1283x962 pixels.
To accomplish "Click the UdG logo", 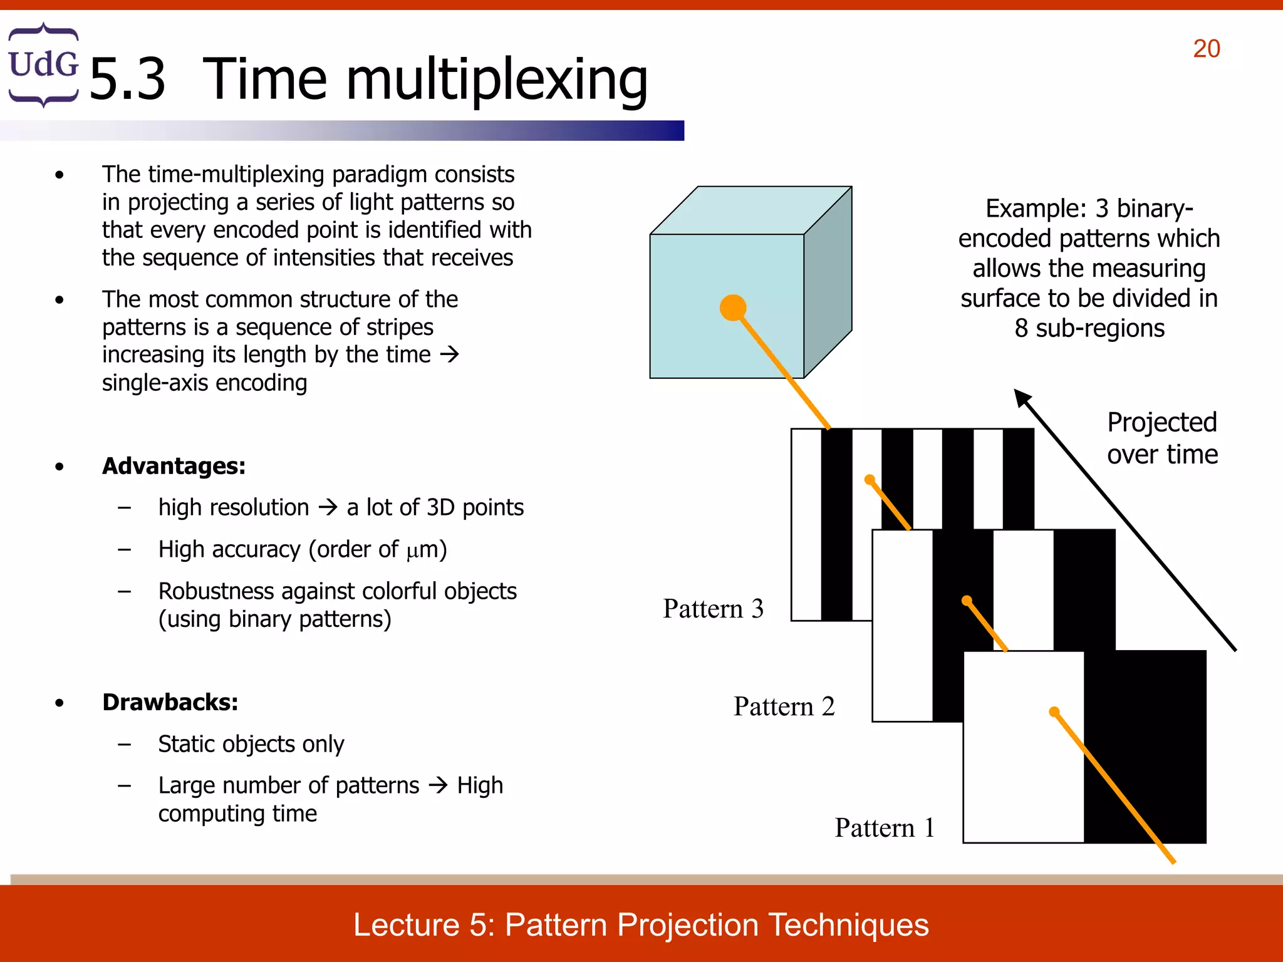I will [43, 65].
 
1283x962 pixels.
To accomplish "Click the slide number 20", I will [1206, 49].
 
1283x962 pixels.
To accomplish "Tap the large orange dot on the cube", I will [733, 308].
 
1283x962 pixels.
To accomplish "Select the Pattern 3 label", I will [713, 609].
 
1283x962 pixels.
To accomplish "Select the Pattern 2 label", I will [784, 706].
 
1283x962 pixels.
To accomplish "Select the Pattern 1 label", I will [885, 828].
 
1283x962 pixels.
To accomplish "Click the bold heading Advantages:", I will [174, 466].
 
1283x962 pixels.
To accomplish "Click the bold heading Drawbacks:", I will [170, 702].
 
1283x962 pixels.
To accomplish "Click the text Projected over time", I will [1162, 438].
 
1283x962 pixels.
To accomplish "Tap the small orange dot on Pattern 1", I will [1054, 711].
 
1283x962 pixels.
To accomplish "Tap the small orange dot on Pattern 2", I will [967, 601].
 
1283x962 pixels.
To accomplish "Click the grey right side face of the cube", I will [828, 282].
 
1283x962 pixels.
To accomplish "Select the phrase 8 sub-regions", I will [1089, 328].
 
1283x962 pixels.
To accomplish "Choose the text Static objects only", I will [251, 744].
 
